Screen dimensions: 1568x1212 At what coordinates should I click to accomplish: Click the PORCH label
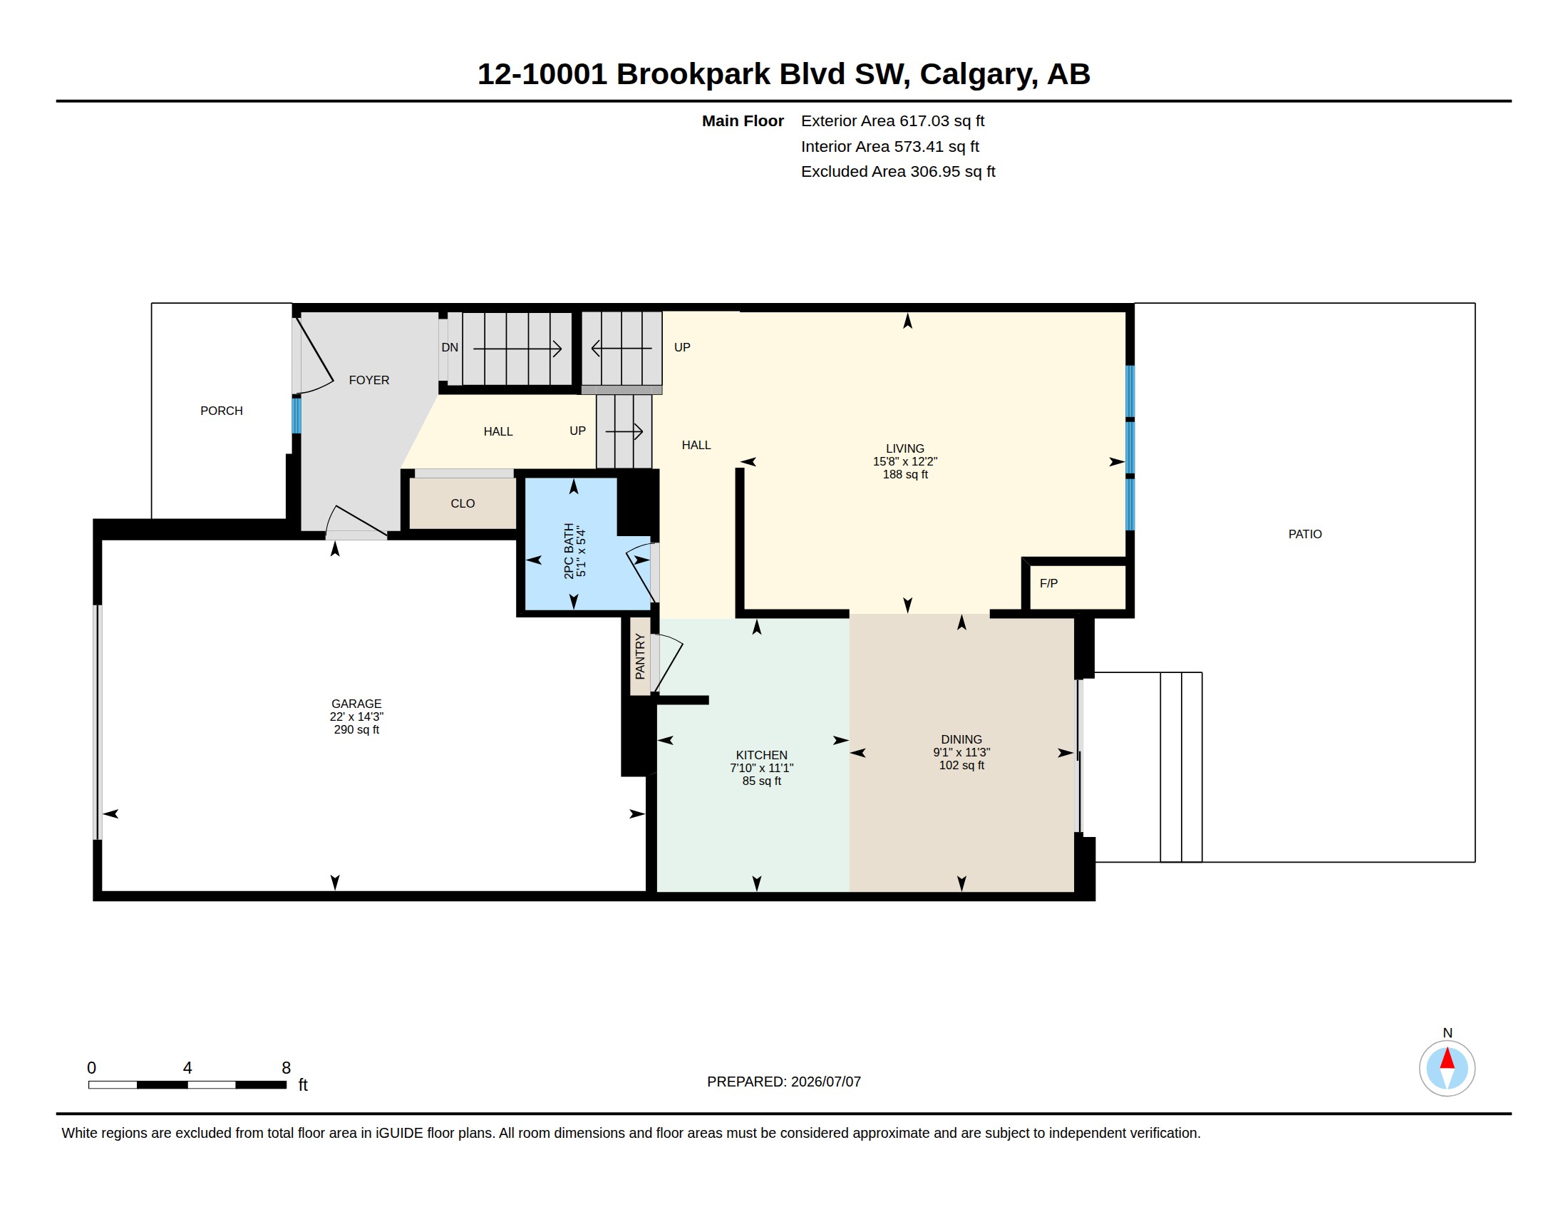(x=221, y=411)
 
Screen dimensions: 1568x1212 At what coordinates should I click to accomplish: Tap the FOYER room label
(x=369, y=381)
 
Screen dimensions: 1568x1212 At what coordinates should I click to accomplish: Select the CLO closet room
(x=463, y=503)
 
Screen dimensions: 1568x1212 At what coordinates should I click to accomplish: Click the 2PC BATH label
(x=569, y=550)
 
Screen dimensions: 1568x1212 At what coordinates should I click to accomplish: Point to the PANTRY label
(x=641, y=656)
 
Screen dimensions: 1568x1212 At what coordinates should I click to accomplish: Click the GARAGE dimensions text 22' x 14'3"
(x=356, y=717)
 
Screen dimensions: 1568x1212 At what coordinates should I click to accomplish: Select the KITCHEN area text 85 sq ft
(x=762, y=781)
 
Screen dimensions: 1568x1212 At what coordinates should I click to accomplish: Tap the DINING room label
(x=961, y=739)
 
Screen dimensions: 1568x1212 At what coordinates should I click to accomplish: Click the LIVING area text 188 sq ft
(x=905, y=475)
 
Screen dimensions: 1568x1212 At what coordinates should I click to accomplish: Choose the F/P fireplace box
(x=1077, y=587)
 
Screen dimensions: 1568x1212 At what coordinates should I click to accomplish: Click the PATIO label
(x=1304, y=534)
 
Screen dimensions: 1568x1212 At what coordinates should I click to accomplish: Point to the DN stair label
(x=450, y=347)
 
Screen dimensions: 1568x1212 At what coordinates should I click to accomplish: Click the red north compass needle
(x=1448, y=1058)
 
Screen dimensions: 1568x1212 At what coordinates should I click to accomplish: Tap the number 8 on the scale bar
(x=286, y=1068)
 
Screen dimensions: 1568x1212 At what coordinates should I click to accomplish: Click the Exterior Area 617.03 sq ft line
(x=892, y=121)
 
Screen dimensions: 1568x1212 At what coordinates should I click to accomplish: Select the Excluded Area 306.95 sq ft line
(x=898, y=172)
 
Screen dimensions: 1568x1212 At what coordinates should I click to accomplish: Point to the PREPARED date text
(x=784, y=1082)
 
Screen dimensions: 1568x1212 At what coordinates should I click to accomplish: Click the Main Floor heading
(x=743, y=121)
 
